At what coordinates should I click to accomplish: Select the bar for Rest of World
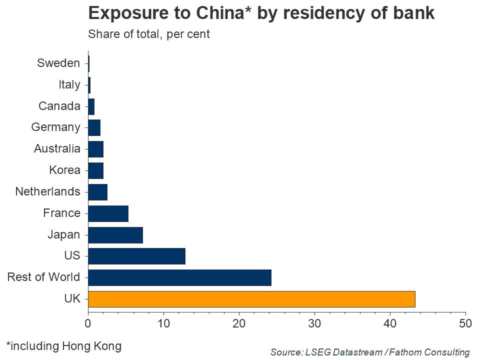179,277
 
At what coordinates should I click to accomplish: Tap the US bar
136,256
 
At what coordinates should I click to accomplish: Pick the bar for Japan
115,234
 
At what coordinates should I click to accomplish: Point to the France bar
108,213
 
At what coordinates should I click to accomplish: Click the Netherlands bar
97,191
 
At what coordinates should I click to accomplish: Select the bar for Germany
94,127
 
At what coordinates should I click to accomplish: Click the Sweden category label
58,63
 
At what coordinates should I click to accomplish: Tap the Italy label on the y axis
69,84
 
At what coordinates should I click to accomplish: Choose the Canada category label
59,106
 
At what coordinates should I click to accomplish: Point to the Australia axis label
57,148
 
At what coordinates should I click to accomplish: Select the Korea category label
64,170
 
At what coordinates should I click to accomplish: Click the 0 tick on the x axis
88,323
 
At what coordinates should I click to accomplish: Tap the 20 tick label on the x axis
239,323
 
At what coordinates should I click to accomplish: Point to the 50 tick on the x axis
465,323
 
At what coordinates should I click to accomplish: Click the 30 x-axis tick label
314,323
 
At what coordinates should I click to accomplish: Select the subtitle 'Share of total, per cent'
148,34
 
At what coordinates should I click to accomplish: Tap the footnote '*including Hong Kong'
63,345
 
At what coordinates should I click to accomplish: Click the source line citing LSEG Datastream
370,352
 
